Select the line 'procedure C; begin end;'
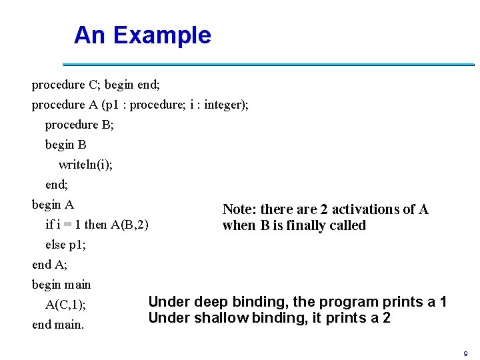tap(96, 85)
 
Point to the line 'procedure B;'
tap(79, 125)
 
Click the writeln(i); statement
tap(85, 165)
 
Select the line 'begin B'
tap(65, 145)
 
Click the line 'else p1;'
tap(65, 245)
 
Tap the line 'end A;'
tap(49, 265)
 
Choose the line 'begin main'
tap(61, 285)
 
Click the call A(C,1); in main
tap(65, 305)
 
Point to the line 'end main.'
tap(58, 325)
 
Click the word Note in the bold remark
tap(238, 209)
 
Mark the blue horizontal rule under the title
tap(268, 65)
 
